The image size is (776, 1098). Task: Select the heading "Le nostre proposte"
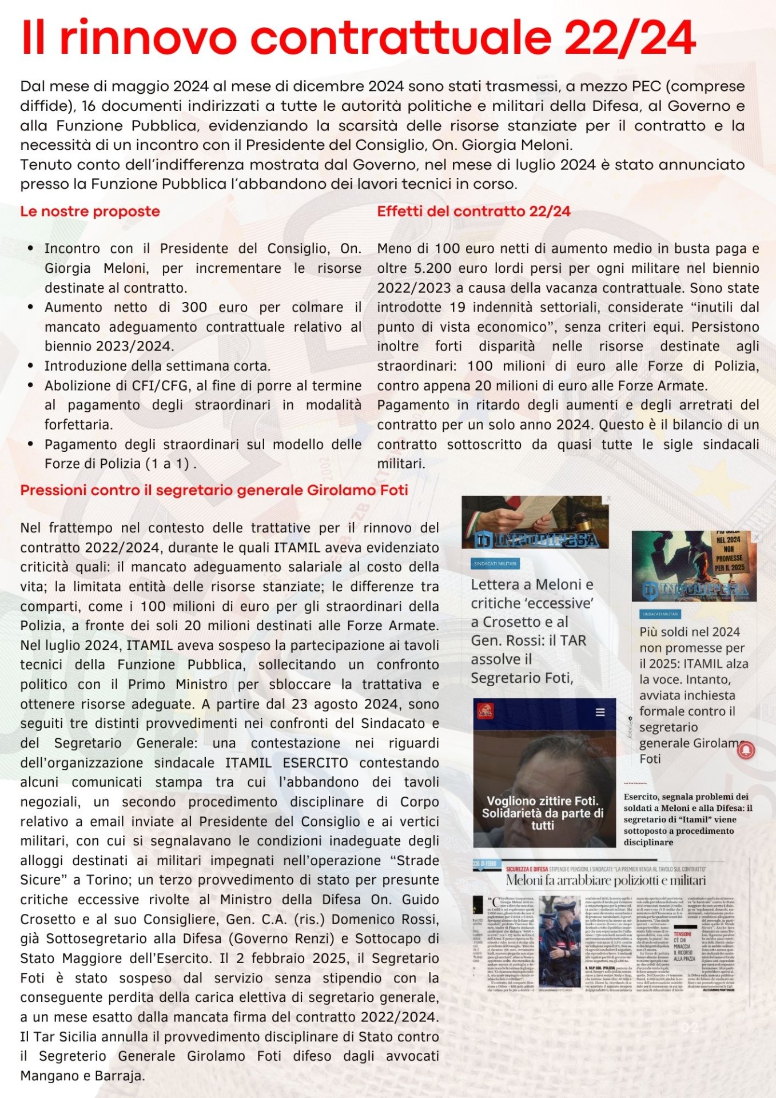tap(90, 212)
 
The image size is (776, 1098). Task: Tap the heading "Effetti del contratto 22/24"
tap(473, 212)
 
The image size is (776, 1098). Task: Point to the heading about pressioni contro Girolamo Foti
tap(214, 491)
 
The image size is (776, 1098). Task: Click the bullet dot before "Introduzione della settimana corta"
tap(30, 366)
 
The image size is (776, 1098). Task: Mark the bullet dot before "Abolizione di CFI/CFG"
tap(30, 386)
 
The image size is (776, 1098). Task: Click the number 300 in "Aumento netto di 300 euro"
tap(194, 308)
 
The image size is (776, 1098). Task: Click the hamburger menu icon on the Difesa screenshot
tap(600, 712)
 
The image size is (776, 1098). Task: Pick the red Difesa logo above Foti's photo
tap(485, 711)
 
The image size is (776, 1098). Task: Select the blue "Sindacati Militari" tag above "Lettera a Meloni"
tap(495, 564)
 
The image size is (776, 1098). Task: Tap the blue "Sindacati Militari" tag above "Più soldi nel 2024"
tap(660, 614)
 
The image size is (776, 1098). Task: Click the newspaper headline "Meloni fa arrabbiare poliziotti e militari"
tap(606, 880)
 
